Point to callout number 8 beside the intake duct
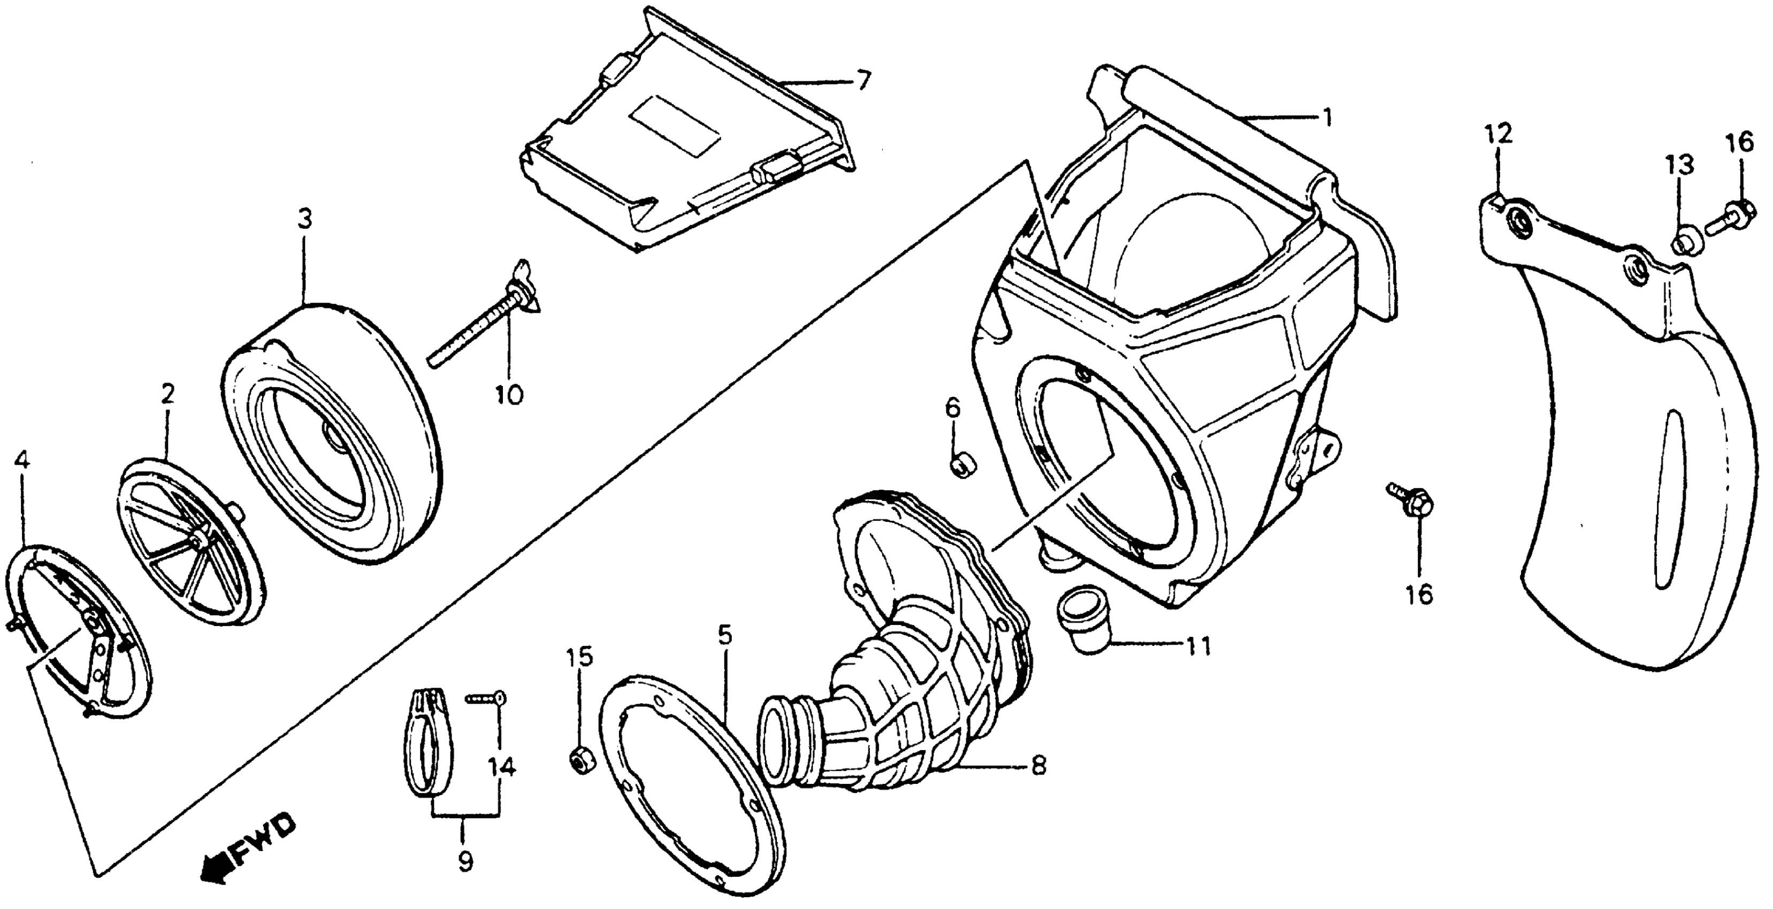(1038, 764)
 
